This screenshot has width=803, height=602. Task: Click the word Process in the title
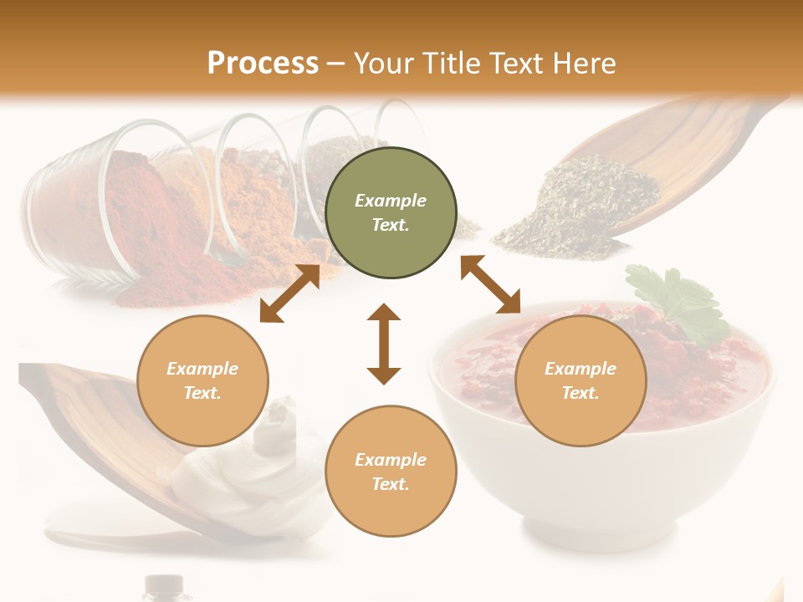point(263,63)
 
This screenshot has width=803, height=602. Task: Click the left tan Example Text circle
point(202,380)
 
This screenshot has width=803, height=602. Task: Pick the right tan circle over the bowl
point(581,380)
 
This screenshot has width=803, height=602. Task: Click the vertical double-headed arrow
point(384,344)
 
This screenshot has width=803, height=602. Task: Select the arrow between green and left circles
point(289,293)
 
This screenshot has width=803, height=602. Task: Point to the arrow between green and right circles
point(490,285)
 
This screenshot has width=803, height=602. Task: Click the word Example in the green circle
point(391,201)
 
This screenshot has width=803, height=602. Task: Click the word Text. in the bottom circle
point(391,484)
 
